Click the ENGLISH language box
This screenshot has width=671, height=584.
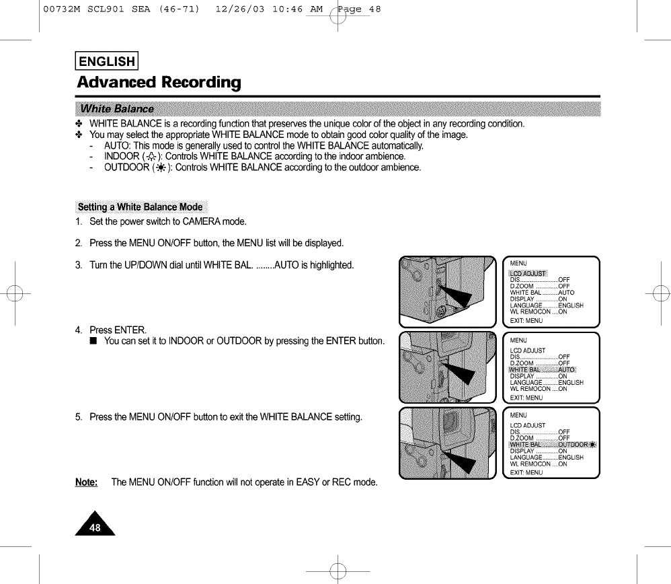107,62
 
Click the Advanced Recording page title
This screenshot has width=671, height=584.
159,83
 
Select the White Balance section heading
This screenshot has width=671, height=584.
117,109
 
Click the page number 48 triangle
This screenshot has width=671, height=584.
95,525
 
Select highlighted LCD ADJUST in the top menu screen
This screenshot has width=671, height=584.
528,273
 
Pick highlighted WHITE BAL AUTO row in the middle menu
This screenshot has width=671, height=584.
543,369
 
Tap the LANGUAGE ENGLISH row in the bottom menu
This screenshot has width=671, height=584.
547,458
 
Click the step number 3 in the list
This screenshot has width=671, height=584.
79,265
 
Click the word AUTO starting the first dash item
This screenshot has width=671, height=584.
115,146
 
